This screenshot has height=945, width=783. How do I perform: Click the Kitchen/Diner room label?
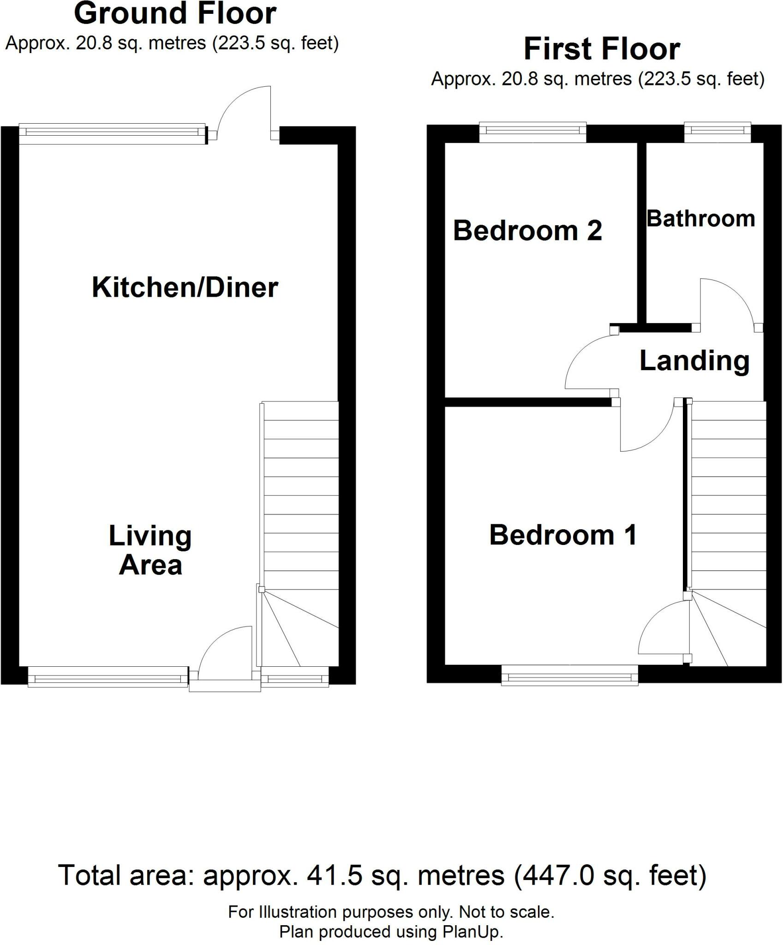coord(185,287)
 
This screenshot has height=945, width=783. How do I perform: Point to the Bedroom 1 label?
coord(563,535)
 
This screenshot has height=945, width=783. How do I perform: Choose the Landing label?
coord(694,361)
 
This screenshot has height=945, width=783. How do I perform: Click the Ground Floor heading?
coord(175,14)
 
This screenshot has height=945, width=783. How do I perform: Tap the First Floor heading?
coord(602,49)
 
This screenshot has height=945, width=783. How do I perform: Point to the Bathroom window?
coord(717,132)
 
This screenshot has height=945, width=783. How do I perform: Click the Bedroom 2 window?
coord(532,132)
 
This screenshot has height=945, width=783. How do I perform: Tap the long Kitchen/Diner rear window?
coord(112,133)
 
